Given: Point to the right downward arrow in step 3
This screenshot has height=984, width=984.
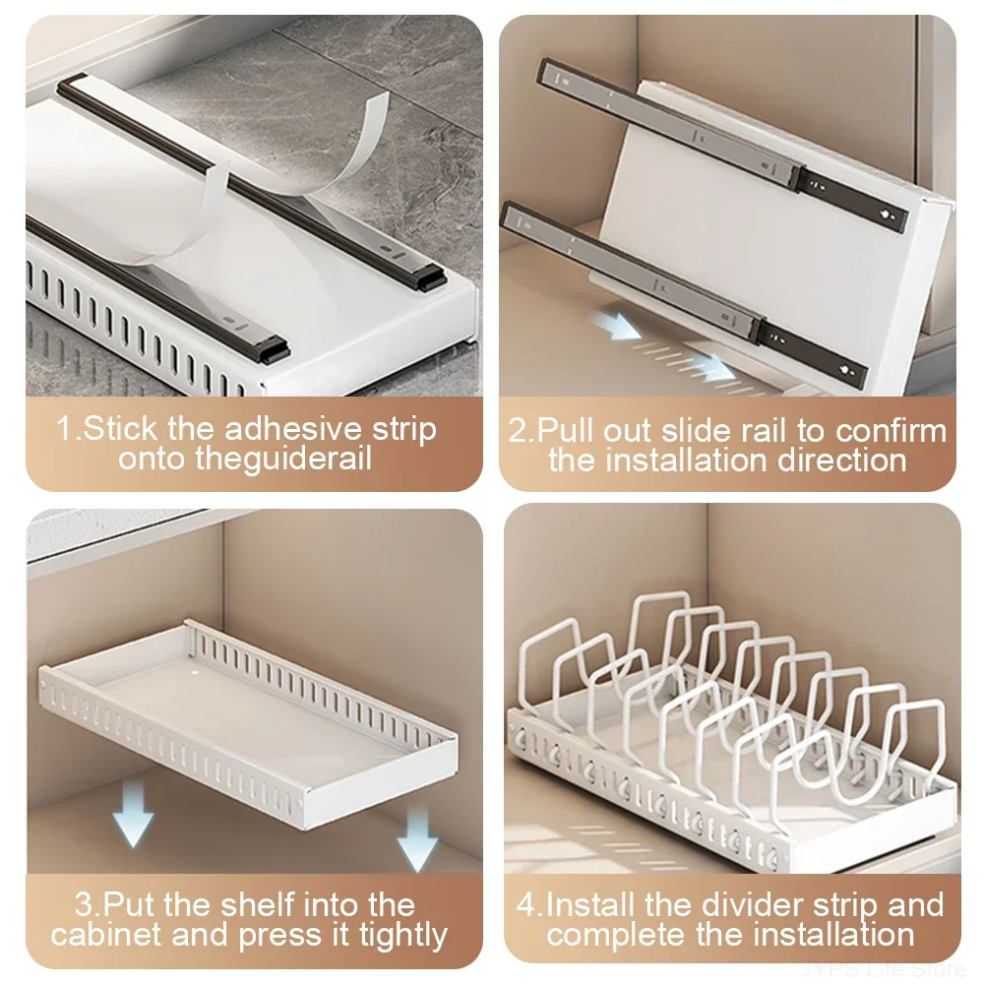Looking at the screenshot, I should click(418, 835).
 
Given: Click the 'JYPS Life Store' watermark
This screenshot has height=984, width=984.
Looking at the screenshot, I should click(887, 970).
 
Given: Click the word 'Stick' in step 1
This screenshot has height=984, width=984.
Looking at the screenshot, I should click(116, 430).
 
